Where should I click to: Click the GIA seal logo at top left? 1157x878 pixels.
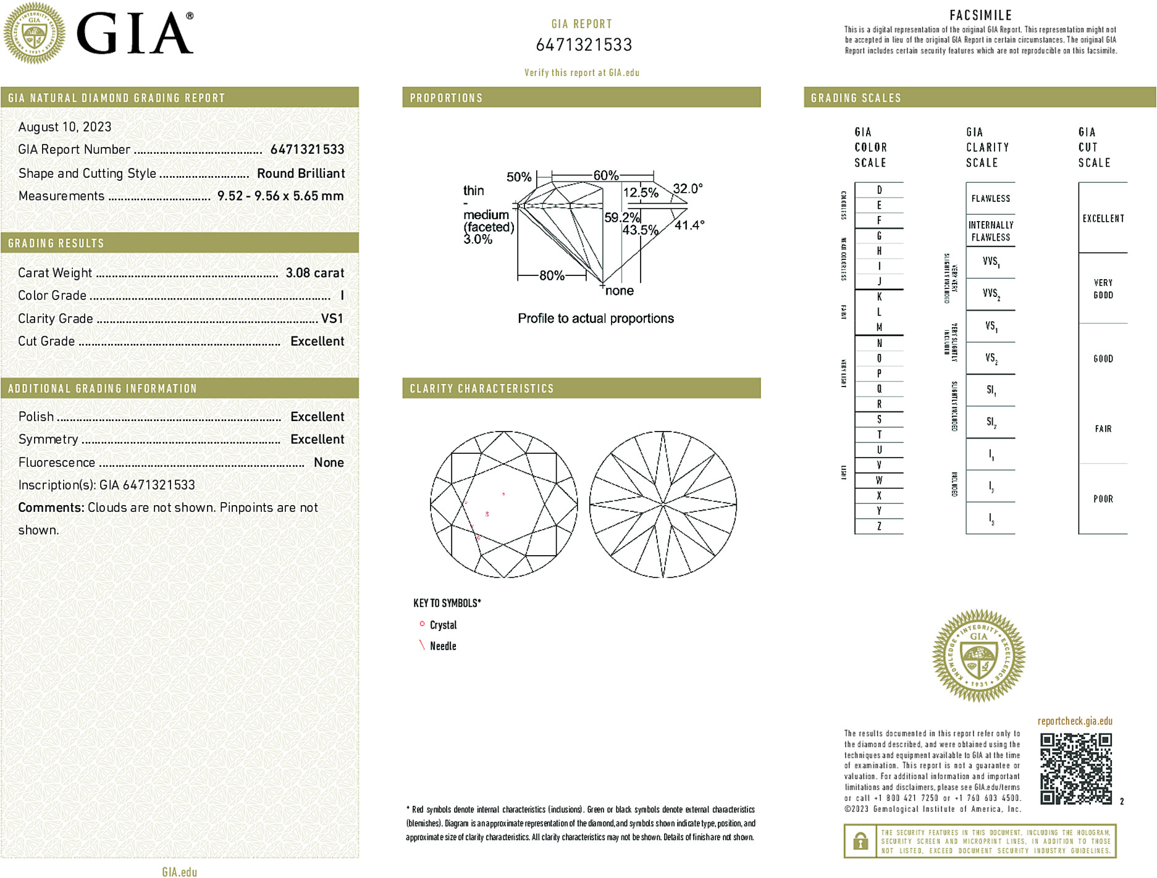[34, 33]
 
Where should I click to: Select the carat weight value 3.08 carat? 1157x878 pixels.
[314, 273]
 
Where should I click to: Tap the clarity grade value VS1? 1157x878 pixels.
[332, 319]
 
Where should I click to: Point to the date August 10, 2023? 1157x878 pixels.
[65, 127]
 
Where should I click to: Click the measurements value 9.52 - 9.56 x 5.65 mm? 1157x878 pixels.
[280, 196]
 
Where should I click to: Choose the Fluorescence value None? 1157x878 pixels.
[329, 462]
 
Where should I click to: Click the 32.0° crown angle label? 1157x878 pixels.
[688, 188]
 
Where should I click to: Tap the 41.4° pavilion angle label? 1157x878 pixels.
[689, 225]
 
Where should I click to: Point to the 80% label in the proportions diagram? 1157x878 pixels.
[552, 275]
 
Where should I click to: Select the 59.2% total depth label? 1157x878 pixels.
[621, 217]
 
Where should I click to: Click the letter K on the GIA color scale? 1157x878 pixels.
[879, 297]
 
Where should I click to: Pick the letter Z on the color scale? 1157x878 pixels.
[879, 526]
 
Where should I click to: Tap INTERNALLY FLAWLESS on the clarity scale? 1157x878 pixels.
[990, 231]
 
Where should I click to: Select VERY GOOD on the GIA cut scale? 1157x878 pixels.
[1103, 289]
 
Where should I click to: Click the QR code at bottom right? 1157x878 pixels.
[1075, 769]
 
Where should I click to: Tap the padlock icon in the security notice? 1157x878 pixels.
[860, 841]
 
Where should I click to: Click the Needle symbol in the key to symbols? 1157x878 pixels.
[423, 645]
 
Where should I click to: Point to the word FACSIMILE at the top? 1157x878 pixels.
[980, 15]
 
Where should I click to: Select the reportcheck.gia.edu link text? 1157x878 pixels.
[1075, 721]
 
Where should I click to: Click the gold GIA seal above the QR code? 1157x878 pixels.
[978, 655]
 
